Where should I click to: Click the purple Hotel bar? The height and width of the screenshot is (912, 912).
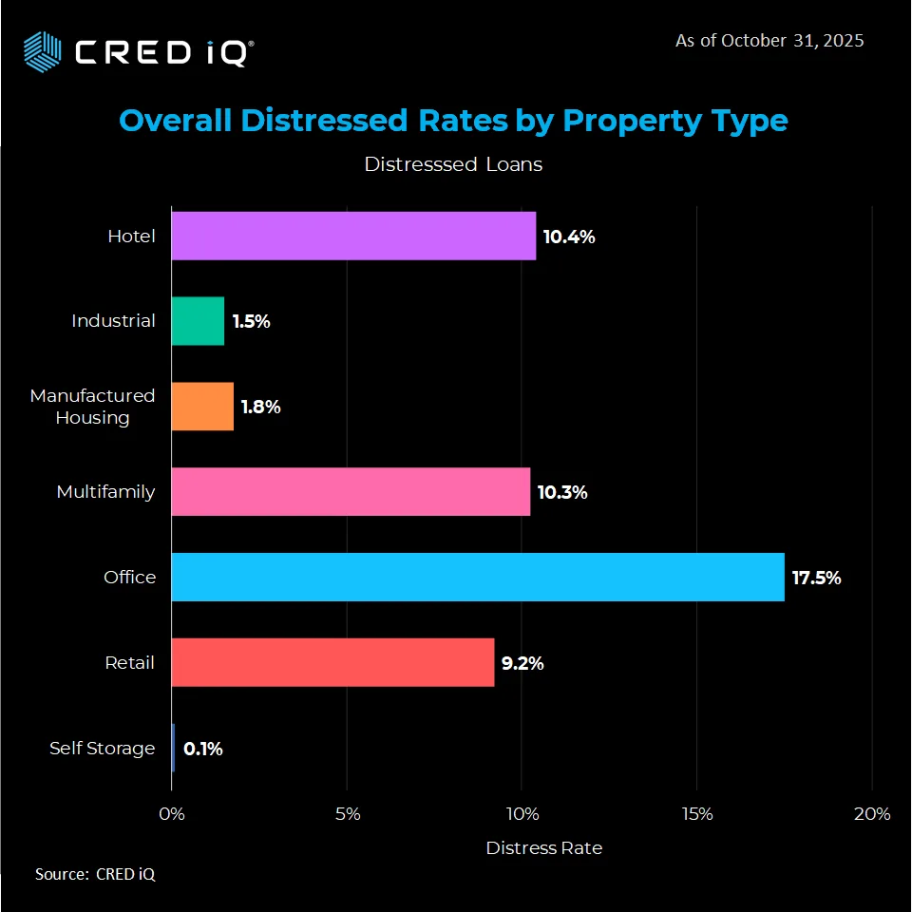click(353, 237)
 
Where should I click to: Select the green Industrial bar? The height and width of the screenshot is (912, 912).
click(198, 321)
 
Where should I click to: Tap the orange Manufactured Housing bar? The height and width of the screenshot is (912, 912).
click(202, 407)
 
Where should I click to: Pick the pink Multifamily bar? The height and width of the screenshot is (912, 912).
click(351, 492)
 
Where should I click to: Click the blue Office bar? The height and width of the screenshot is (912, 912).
click(478, 577)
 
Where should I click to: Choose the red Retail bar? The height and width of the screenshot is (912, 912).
click(332, 662)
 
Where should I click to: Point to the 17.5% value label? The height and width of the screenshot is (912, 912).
click(816, 578)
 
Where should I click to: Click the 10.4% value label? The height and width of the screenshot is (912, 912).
click(568, 237)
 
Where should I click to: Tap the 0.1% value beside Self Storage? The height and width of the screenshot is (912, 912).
click(203, 749)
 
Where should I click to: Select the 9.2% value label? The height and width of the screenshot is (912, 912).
click(522, 663)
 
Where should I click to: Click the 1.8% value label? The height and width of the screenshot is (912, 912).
click(260, 407)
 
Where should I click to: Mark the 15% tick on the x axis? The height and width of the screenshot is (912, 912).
click(696, 814)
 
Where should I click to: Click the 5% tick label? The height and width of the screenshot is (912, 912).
click(347, 814)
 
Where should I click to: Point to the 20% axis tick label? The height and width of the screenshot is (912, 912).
click(871, 814)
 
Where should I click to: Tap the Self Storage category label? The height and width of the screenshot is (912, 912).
click(102, 749)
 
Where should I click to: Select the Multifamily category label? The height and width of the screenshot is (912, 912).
click(105, 492)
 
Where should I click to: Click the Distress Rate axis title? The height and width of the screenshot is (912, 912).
click(543, 847)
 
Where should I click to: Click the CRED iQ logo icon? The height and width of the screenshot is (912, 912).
click(42, 49)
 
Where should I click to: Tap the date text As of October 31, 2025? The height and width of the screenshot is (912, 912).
click(769, 41)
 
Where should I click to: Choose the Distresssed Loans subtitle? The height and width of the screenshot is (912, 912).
click(453, 164)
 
